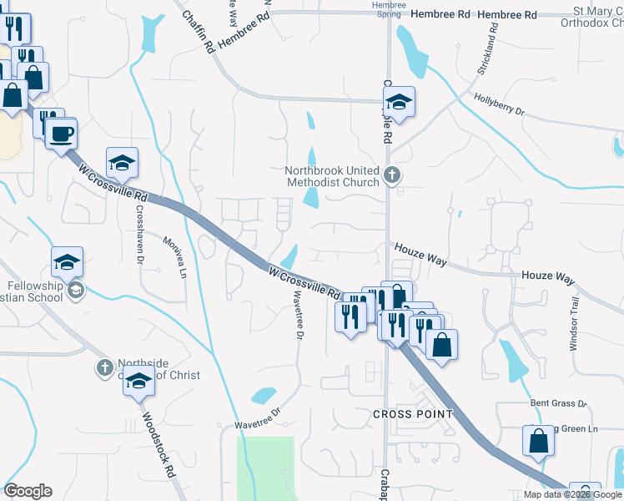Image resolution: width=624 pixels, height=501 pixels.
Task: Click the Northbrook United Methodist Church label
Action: [332, 175]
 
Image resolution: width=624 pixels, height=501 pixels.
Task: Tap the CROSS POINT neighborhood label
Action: [412, 414]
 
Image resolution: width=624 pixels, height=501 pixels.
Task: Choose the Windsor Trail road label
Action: [574, 321]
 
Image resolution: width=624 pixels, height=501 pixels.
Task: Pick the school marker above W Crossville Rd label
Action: [122, 163]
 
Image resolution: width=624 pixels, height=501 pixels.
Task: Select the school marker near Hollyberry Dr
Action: [400, 101]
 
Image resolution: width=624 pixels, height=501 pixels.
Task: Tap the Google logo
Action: [28, 491]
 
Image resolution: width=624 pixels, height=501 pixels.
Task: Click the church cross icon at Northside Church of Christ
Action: [104, 367]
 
